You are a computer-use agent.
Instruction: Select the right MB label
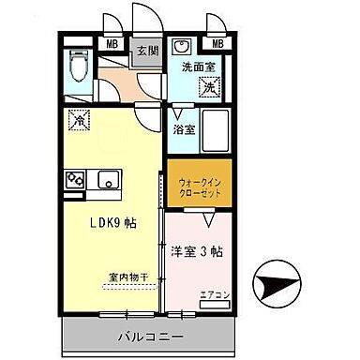(x=217, y=43)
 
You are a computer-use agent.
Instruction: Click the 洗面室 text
(x=199, y=67)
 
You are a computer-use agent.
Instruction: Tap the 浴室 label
(x=182, y=130)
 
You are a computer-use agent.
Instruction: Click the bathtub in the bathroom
(x=216, y=130)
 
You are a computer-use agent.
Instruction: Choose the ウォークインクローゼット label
(x=199, y=182)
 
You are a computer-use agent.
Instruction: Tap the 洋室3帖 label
(x=197, y=251)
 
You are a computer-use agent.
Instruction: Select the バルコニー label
(x=150, y=335)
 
